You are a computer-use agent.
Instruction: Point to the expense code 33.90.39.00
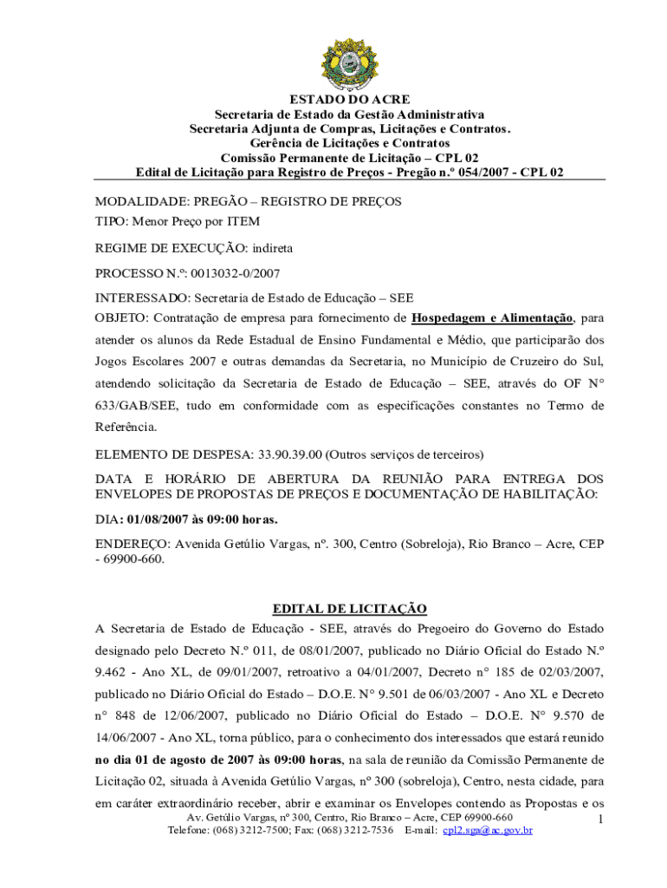295,454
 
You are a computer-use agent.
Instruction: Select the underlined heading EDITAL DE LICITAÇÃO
350,609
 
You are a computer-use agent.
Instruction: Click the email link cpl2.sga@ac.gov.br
487,830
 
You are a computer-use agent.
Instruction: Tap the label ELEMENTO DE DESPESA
163,454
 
